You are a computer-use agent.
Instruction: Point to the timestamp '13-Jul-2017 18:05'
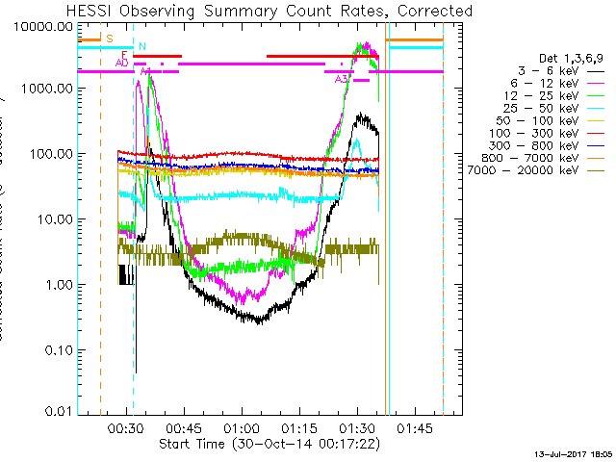point(575,452)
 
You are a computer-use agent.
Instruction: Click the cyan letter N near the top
point(142,45)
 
